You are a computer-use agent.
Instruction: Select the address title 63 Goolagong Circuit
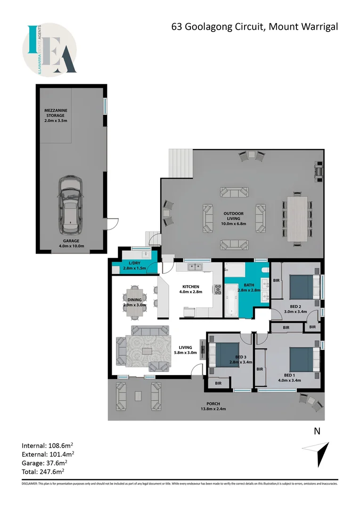(x=254, y=26)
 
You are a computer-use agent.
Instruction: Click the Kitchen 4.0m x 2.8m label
(x=191, y=289)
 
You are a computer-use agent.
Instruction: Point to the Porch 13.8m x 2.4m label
(x=213, y=406)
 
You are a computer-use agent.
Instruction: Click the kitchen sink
(x=194, y=268)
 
